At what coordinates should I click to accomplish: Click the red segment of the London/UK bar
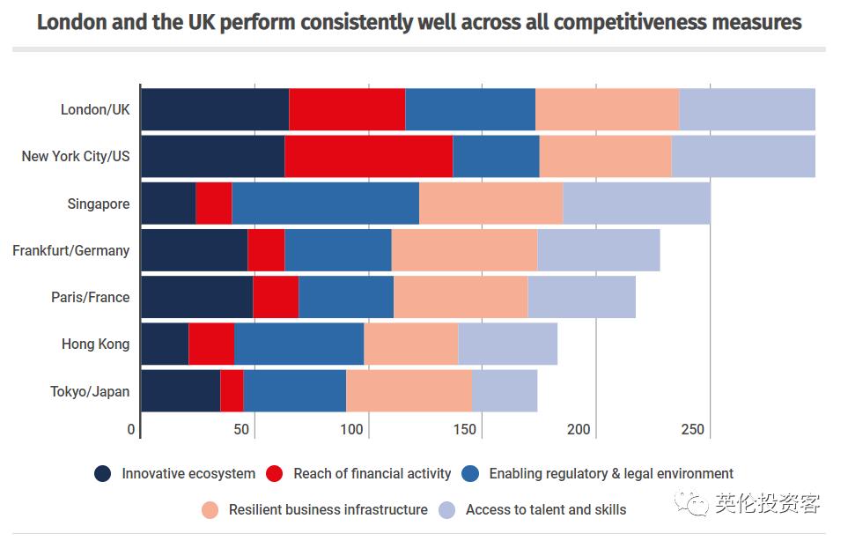347,109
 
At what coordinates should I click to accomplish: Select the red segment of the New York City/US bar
368,156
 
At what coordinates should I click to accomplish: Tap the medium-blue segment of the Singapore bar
325,204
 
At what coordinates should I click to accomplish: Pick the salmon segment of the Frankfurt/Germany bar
464,250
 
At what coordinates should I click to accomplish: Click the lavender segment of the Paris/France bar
581,297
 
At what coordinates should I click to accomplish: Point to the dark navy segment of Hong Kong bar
165,344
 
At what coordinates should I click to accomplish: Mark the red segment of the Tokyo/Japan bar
232,390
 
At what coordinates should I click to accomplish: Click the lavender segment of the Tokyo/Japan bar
504,390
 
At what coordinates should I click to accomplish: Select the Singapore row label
98,204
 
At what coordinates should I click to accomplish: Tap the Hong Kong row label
95,344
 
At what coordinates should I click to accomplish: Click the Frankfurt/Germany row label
70,250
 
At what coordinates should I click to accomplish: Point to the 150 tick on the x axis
465,429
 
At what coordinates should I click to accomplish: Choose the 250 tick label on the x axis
693,429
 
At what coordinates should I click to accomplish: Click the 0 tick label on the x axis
131,429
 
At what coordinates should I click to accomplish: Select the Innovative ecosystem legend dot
103,473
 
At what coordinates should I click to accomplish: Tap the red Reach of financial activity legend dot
275,473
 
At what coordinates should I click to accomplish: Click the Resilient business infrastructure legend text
328,509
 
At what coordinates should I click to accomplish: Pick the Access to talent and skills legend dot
447,509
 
